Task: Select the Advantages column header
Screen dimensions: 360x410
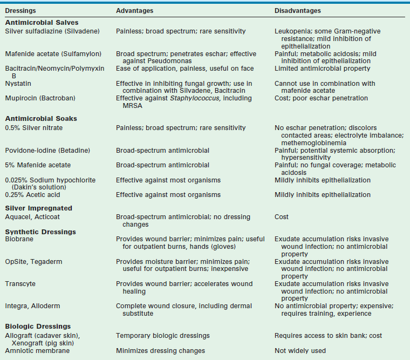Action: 134,11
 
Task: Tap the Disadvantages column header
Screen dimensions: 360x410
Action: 297,11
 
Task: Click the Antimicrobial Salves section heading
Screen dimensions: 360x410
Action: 42,23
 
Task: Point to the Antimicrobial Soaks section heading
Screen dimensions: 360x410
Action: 41,119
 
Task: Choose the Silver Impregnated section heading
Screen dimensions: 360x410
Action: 38,208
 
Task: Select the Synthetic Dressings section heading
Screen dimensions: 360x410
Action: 40,232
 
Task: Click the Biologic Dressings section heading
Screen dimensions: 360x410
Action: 38,326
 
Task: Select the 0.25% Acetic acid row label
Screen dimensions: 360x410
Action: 33,195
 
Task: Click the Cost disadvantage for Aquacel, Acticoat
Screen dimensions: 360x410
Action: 282,217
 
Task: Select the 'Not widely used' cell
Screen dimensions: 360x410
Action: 300,351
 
